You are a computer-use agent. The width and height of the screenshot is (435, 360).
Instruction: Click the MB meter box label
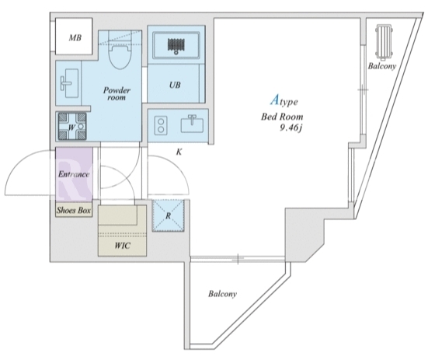coord(75,37)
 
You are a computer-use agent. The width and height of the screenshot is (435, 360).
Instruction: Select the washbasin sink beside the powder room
coord(69,83)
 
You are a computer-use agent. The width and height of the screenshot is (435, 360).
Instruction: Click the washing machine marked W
coord(71,127)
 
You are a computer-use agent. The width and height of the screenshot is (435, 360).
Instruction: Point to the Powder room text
coord(117,93)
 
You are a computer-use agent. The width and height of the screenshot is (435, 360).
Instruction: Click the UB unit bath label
coord(175,85)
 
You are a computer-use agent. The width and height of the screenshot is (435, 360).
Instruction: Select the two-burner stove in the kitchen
coord(161,125)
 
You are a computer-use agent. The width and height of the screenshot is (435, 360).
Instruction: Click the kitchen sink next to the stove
coord(192,124)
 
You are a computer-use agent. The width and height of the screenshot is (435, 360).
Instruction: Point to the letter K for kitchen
coord(179,152)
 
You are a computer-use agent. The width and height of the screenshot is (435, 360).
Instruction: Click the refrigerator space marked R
coord(168,215)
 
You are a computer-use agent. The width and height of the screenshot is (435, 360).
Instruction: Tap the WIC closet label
coord(122,246)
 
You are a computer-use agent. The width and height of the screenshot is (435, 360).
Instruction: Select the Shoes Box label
coord(74,210)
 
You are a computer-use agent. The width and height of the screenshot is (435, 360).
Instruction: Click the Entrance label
coord(74,174)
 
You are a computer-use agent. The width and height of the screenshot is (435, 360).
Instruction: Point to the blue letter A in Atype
coord(274,100)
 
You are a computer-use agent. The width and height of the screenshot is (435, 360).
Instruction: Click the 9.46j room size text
coord(291,128)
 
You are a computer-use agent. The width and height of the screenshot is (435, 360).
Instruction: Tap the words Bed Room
coord(282,117)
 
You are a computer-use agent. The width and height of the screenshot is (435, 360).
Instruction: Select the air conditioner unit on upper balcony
coord(384,43)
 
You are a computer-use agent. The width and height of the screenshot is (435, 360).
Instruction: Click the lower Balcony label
coord(222,294)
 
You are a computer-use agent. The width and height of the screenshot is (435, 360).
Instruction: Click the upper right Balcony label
coord(381,66)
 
